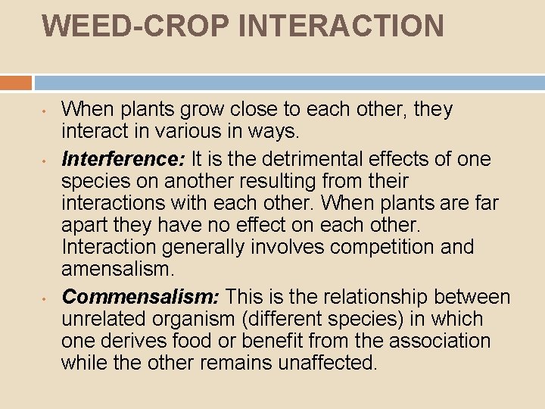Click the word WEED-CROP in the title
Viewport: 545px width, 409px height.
click(135, 26)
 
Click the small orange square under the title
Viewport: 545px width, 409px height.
click(16, 82)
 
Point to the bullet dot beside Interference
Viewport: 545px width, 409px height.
click(45, 161)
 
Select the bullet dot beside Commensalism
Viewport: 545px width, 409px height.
click(45, 298)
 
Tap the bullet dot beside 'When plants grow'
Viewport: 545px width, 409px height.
click(45, 111)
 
